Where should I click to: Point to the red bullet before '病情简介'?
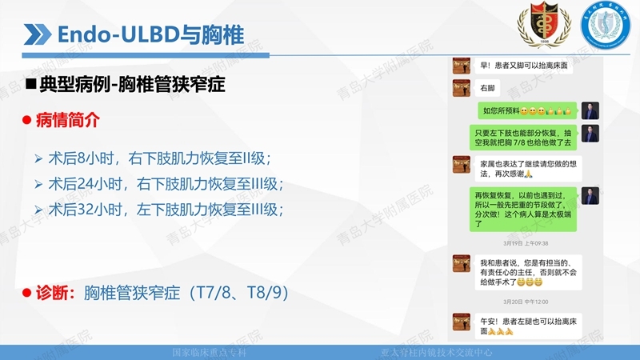(26, 120)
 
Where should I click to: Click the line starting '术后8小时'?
(159, 157)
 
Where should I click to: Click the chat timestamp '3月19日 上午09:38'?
(526, 242)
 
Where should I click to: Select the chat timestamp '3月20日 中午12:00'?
(526, 301)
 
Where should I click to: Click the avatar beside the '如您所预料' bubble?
(590, 110)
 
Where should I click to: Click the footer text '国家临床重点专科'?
(209, 352)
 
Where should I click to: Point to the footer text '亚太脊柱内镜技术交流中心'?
(436, 352)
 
